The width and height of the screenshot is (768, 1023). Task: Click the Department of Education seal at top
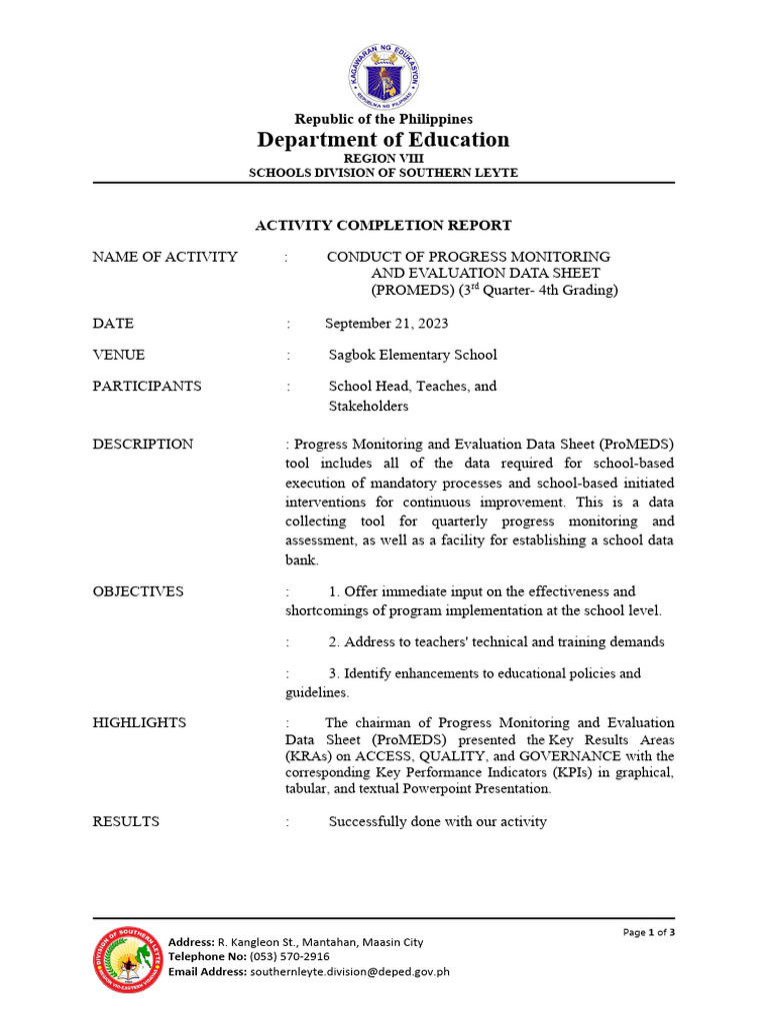[384, 76]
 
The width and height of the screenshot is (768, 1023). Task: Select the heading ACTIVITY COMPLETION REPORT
[383, 226]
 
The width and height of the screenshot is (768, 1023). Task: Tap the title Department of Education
[383, 140]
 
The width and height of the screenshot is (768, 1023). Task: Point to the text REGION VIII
[383, 159]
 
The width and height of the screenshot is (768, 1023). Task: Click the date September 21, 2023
[387, 324]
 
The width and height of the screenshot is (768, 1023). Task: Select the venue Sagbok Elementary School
[412, 355]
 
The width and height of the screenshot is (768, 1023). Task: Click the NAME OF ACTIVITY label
[165, 257]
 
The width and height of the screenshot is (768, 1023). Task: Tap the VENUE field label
[119, 355]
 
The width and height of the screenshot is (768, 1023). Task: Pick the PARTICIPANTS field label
[147, 386]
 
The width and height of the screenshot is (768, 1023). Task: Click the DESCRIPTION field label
[143, 444]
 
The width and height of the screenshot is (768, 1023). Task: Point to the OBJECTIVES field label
[138, 591]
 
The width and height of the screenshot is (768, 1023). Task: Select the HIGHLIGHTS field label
[139, 722]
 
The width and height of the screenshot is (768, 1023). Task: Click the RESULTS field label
[126, 821]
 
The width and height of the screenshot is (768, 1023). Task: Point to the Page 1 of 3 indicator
[649, 932]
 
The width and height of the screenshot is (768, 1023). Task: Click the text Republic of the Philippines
[383, 120]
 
